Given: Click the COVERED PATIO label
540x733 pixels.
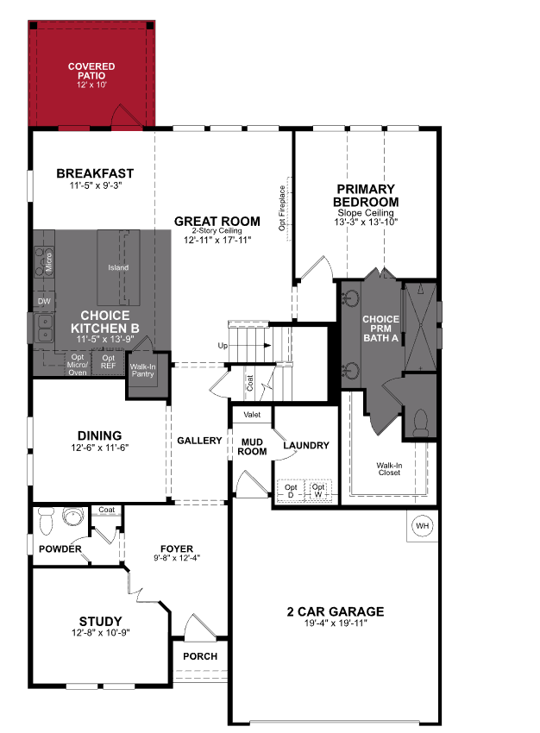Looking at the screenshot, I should coord(91,71).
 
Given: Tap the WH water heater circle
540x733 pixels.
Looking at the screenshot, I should coord(422,525).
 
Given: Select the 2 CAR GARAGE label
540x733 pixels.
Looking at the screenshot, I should coord(336,612).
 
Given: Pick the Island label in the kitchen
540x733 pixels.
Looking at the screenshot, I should coord(118,267).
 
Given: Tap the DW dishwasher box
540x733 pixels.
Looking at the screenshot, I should coord(43,301).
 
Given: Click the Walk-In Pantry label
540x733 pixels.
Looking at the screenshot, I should coord(142,371).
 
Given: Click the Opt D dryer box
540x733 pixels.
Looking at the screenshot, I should coord(291,491).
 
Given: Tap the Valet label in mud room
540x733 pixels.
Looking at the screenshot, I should coord(252,415).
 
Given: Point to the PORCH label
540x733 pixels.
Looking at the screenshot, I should coord(200,656).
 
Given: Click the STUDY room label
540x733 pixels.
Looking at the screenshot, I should coord(100,621).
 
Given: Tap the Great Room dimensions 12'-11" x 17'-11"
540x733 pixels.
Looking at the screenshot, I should coord(217,240).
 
